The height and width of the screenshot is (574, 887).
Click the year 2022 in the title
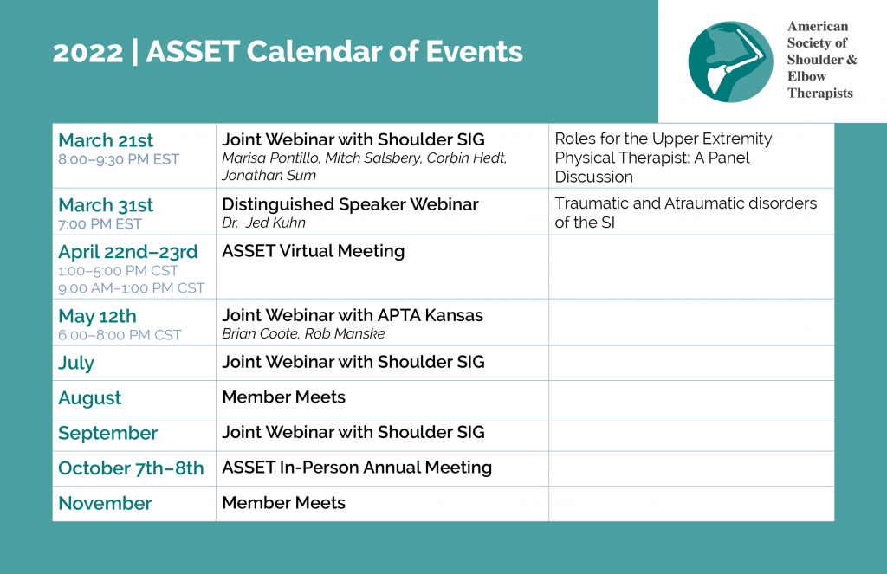tap(87, 53)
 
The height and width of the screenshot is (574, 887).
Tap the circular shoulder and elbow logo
tap(730, 61)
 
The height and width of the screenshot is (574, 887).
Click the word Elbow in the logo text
tap(806, 76)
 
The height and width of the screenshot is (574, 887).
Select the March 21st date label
tap(106, 140)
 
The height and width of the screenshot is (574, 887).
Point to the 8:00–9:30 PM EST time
tap(119, 159)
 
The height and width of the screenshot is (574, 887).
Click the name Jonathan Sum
tap(269, 175)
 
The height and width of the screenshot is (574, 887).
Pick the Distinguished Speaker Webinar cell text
tap(350, 204)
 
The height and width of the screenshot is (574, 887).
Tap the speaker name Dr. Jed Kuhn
tap(263, 223)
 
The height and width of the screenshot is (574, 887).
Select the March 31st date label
tap(106, 204)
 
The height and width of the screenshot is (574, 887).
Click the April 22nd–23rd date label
tap(128, 252)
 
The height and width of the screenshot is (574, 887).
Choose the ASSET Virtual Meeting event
tap(314, 251)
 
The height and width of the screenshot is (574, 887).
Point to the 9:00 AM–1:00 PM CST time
tap(132, 288)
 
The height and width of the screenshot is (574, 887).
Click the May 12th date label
tap(97, 315)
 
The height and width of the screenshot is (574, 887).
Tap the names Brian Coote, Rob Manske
tap(303, 333)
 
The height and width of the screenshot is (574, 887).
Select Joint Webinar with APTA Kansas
tap(353, 315)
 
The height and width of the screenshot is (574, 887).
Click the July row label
tap(76, 363)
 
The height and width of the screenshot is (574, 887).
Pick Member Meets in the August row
tap(283, 397)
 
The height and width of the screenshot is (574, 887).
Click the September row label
tap(107, 433)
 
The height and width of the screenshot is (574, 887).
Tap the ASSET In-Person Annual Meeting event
tap(357, 468)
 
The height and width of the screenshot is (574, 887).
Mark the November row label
tap(105, 503)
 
